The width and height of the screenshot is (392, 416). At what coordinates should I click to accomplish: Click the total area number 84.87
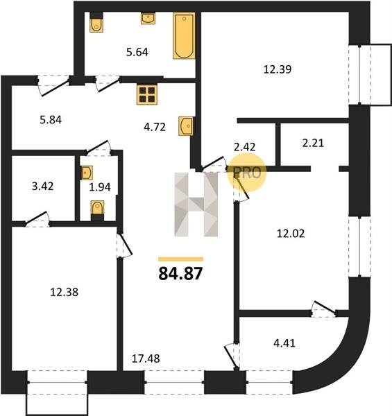(180, 274)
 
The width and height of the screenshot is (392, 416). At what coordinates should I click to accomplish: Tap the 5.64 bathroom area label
(137, 52)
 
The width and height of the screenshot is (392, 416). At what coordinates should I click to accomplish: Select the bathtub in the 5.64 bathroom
(184, 35)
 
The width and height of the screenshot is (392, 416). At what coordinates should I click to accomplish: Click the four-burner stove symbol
(147, 95)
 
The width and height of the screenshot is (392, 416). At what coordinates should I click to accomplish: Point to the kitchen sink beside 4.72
(185, 126)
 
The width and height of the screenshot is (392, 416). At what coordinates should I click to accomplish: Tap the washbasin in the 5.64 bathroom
(148, 19)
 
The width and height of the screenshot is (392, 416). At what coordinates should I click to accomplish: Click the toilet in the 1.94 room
(97, 207)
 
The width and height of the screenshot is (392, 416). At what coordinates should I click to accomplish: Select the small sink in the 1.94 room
(87, 173)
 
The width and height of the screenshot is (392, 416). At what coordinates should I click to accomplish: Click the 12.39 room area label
(278, 69)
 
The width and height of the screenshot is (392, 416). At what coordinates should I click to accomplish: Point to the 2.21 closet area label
(313, 144)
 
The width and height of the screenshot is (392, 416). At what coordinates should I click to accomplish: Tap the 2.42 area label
(244, 147)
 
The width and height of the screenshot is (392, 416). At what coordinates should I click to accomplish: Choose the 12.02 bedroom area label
(291, 234)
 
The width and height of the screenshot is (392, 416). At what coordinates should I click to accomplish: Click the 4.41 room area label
(284, 344)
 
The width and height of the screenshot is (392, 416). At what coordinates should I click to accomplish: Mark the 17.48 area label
(146, 358)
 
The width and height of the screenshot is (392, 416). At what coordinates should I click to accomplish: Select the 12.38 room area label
(65, 293)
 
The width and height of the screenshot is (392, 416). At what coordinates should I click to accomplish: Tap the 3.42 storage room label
(42, 187)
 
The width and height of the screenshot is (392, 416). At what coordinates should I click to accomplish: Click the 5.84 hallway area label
(51, 120)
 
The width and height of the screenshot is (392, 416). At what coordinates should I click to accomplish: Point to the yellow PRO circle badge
(247, 173)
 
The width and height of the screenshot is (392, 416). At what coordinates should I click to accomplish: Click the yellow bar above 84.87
(181, 259)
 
